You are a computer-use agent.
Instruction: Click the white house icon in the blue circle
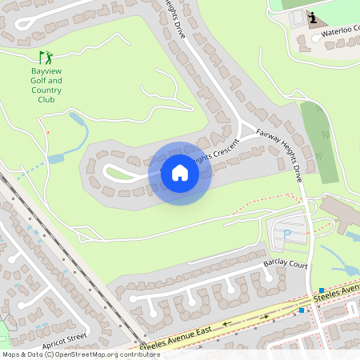[x=180, y=173]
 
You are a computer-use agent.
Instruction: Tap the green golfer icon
[x=46, y=58]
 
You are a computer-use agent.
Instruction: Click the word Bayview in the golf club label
[x=45, y=71]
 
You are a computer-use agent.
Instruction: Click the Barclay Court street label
[x=286, y=265]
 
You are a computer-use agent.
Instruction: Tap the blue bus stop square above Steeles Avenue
[x=321, y=290]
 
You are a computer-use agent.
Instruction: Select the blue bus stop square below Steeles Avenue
[x=302, y=310]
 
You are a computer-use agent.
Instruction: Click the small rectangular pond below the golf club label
[x=56, y=158]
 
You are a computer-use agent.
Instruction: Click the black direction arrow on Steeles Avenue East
[x=226, y=324]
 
